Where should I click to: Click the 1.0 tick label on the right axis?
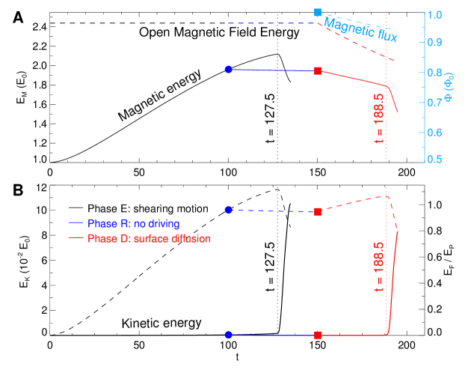point(436,14)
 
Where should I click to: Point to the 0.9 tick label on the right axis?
point(436,43)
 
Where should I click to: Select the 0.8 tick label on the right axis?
point(436,73)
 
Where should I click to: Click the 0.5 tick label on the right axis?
point(436,160)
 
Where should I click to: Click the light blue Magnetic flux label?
point(360,31)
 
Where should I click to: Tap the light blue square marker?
point(318,12)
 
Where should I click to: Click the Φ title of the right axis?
point(451,87)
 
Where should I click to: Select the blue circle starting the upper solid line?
point(229,69)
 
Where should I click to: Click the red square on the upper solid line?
point(318,71)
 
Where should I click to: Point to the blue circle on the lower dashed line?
point(229,210)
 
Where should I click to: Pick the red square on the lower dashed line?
point(318,212)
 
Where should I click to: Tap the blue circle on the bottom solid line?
point(229,334)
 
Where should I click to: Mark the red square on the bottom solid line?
point(318,335)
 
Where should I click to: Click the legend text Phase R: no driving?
point(133,223)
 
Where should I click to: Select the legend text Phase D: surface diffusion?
point(149,238)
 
